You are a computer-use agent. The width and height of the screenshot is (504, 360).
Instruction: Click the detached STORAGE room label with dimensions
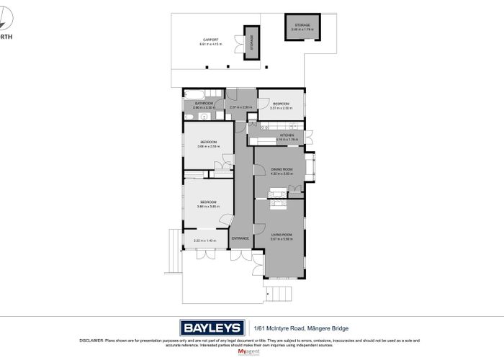coord(302,27)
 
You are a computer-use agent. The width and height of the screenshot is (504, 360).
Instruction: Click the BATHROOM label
coord(204,104)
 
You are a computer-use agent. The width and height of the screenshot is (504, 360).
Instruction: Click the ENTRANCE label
coord(240,238)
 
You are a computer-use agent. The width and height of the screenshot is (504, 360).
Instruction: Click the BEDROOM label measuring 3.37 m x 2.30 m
coord(281,105)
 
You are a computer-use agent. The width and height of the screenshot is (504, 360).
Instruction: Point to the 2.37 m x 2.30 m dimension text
coord(240,108)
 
